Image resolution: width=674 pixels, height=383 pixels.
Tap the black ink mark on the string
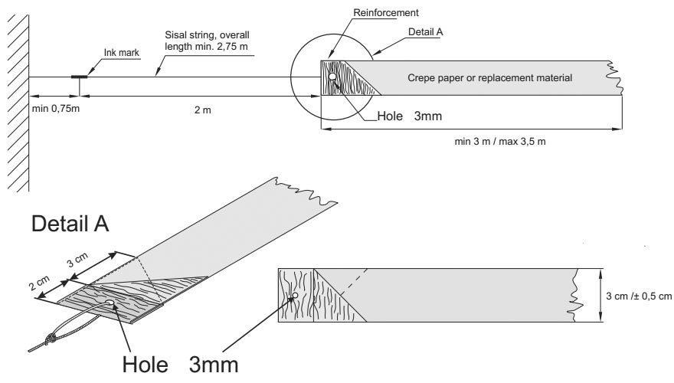[79, 77]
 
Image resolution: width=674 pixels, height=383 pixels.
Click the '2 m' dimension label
[201, 110]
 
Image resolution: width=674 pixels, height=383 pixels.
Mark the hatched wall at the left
[18, 100]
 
